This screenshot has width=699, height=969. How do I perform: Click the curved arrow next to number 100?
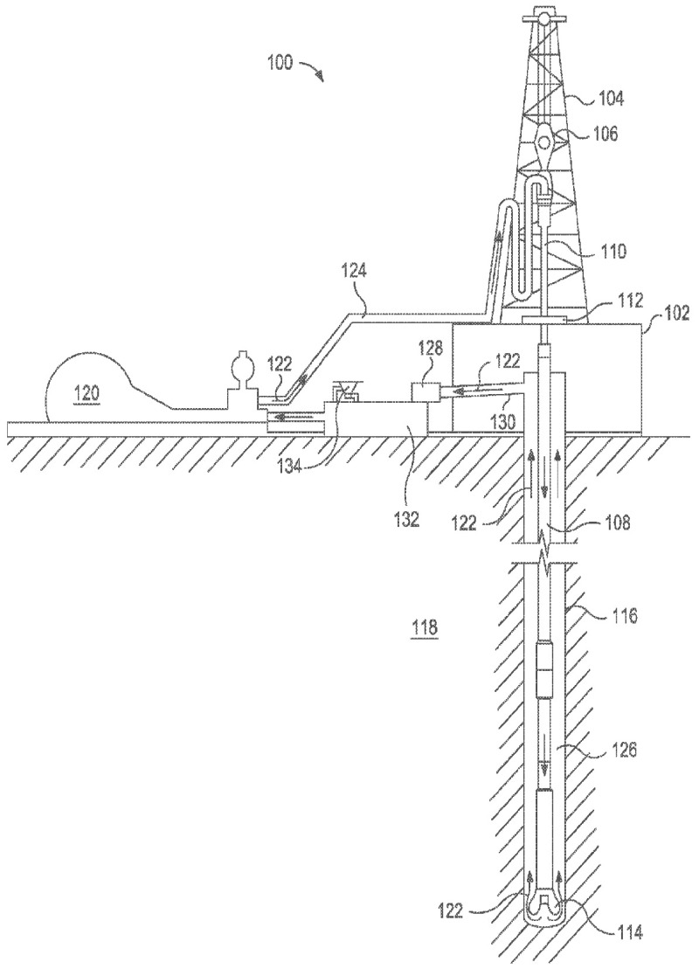(x=312, y=70)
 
